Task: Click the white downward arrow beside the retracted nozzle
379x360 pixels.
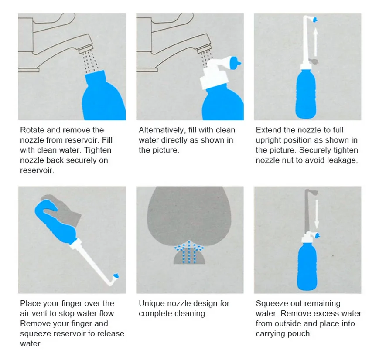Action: tap(317, 214)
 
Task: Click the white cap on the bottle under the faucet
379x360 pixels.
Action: tap(214, 75)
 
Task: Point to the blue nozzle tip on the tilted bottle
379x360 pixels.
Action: tap(116, 276)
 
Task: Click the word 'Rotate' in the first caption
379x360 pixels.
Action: tap(32, 130)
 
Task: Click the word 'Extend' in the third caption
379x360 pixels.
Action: tap(269, 130)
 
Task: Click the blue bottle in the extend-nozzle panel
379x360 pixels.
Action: tap(306, 94)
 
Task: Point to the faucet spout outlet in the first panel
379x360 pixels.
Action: tap(86, 48)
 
